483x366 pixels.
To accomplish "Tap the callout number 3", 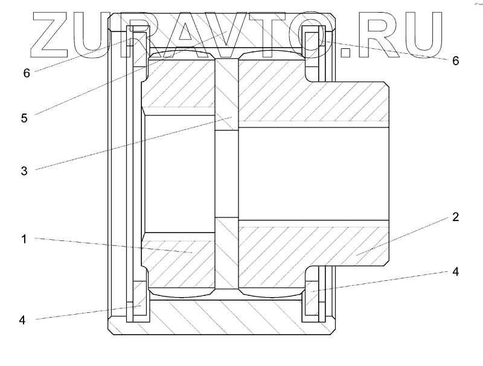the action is point(24,171).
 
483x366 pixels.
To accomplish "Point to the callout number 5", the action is point(24,118).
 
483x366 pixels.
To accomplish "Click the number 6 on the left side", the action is point(27,73).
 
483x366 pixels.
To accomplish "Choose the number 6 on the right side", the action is point(456,61).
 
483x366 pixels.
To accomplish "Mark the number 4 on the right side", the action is point(456,272).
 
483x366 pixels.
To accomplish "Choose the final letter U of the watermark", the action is point(421,34).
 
